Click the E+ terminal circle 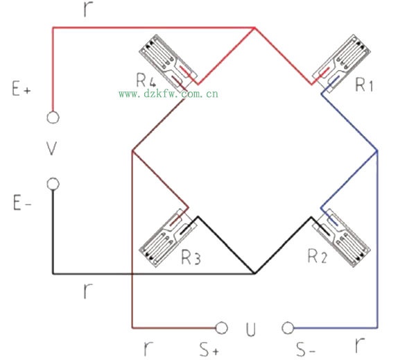(x=53, y=117)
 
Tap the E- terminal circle (x=53, y=184)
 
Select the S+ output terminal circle (x=221, y=327)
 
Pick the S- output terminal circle (x=288, y=327)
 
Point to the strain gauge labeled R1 (x=341, y=63)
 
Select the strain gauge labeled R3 (x=168, y=238)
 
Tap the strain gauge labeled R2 (x=341, y=238)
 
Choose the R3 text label (x=191, y=257)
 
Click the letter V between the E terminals (x=51, y=148)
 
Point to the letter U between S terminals (x=251, y=329)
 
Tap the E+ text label (x=21, y=89)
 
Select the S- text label (x=306, y=349)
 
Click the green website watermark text (x=168, y=94)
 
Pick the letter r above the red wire (x=88, y=9)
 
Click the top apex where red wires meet (x=254, y=27)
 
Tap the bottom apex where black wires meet (x=254, y=273)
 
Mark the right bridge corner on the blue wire (x=377, y=151)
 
